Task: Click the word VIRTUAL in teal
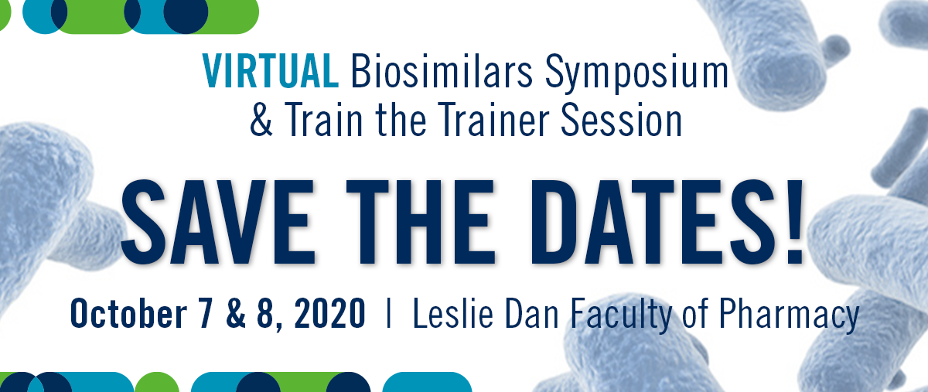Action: (271, 71)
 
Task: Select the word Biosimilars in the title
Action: (442, 71)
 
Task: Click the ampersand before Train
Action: (261, 120)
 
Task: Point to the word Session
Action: (621, 120)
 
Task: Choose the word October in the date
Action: (129, 313)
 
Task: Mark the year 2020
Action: (329, 314)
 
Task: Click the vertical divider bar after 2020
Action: (388, 313)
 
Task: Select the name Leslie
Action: (453, 313)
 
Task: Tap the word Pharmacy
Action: (789, 315)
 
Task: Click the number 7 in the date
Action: (205, 314)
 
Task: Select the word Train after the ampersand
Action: (324, 120)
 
